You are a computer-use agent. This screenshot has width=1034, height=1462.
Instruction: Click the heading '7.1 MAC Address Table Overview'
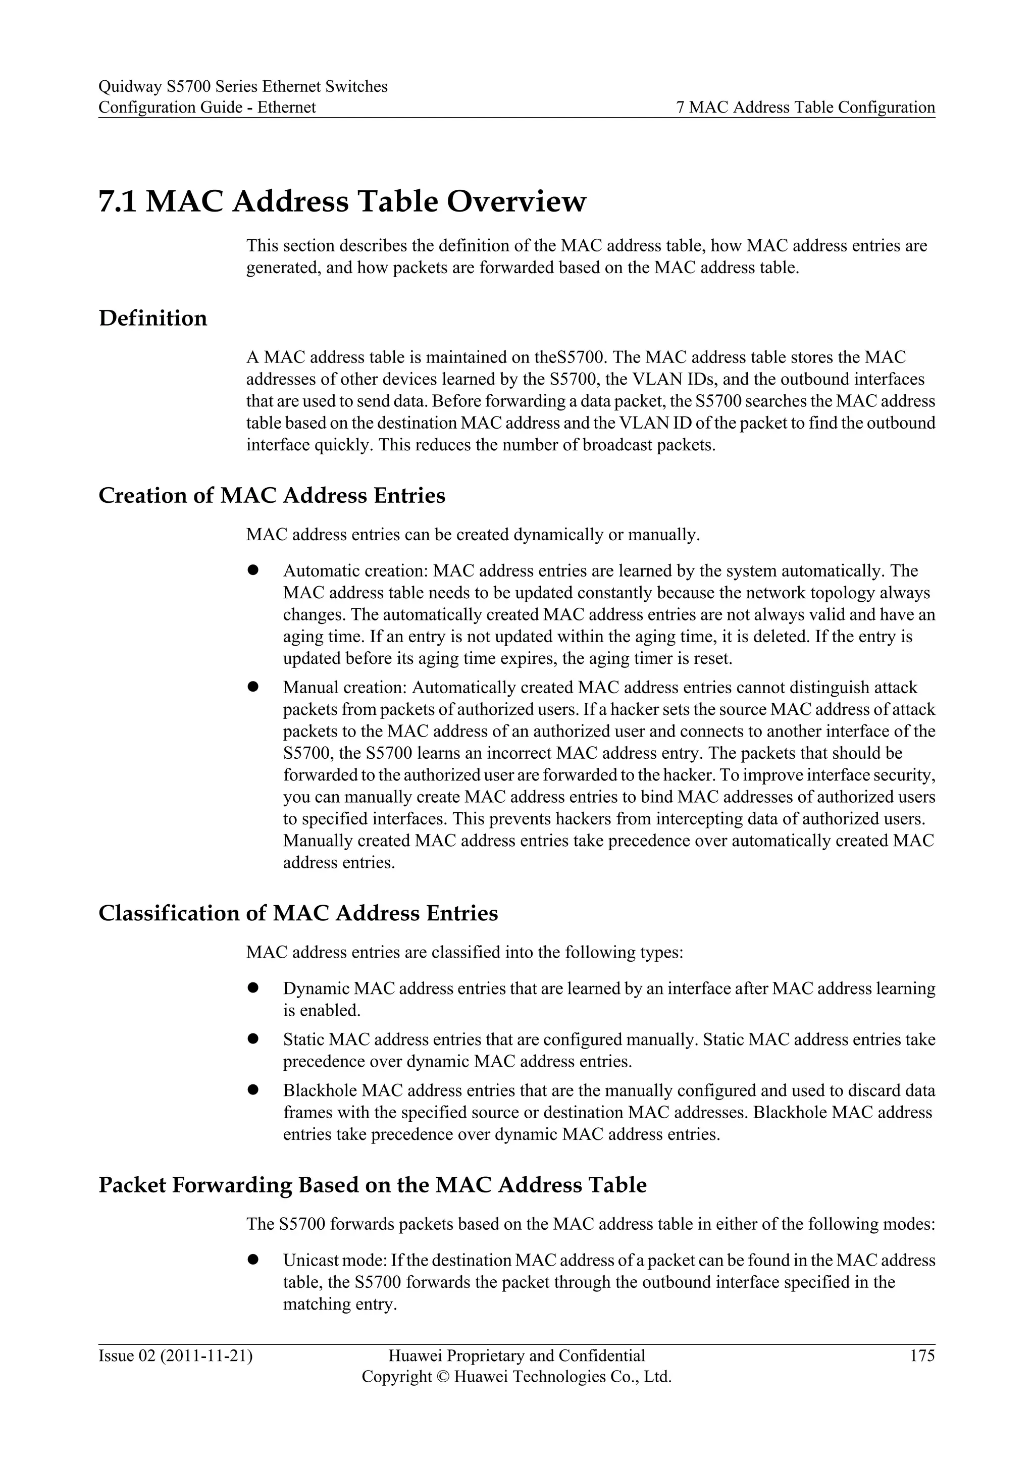coord(342,201)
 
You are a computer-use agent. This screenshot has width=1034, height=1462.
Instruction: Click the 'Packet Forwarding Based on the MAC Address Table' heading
coord(373,1184)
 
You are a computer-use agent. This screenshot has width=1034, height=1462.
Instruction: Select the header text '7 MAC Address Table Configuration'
coord(805,107)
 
